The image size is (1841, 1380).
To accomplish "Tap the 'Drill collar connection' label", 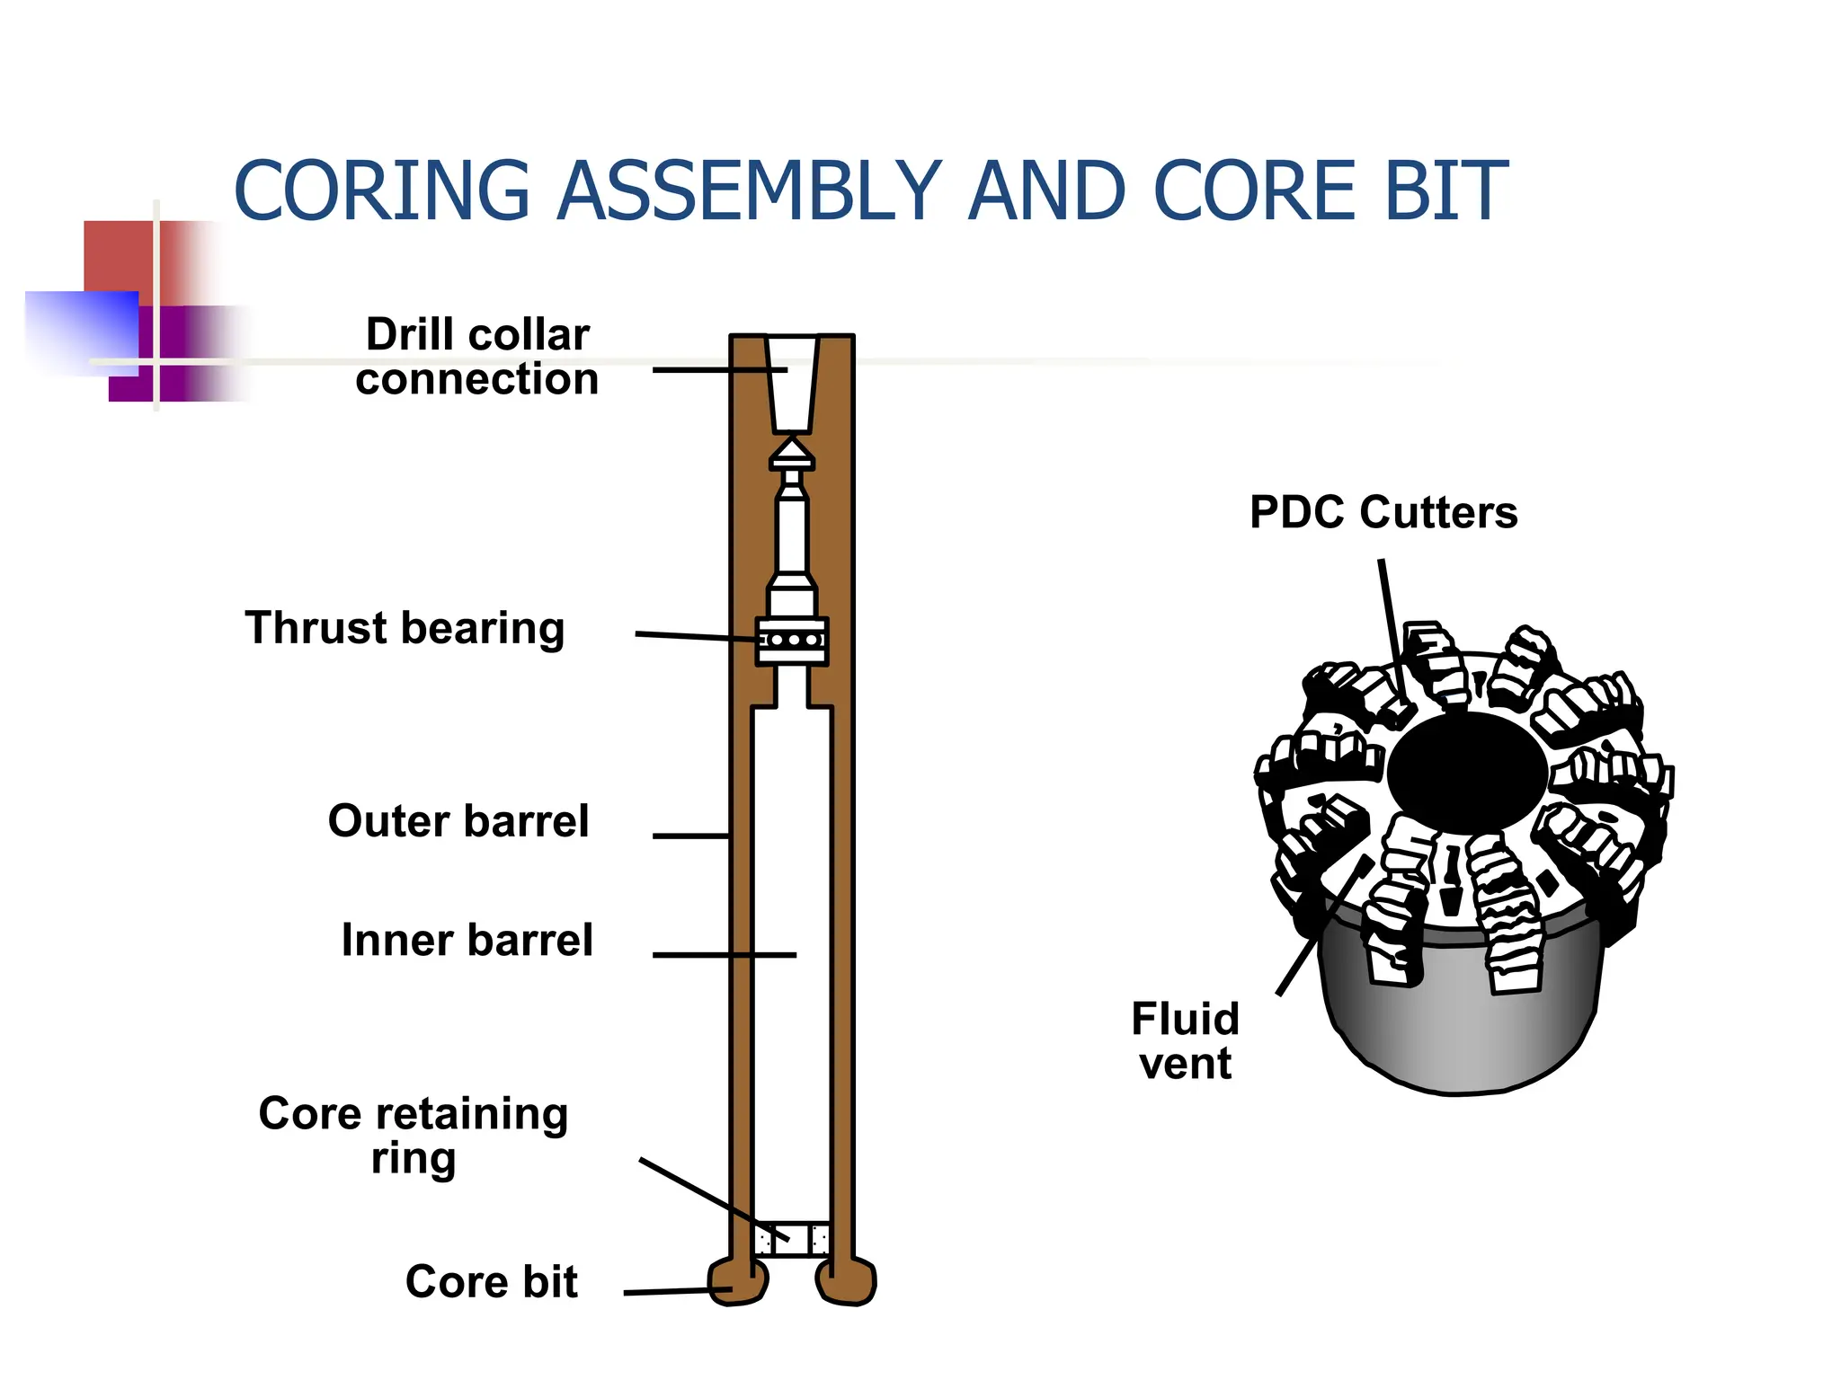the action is [476, 356].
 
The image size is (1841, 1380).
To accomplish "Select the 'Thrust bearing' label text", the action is [405, 628].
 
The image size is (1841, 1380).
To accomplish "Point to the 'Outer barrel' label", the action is [458, 820].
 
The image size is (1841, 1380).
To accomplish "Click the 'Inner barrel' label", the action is [467, 940].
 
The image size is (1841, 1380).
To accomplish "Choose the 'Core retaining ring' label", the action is [414, 1136].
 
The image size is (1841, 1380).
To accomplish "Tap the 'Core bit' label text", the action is [492, 1281].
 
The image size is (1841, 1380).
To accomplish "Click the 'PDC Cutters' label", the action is [1383, 512].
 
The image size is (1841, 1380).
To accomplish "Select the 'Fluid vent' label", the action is [1186, 1040].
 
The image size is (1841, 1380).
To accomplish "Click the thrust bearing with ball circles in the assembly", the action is [792, 641].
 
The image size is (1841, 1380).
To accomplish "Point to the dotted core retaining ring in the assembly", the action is [792, 1239].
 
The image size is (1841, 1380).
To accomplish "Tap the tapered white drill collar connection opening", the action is [792, 385].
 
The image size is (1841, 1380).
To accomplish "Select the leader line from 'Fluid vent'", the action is [1325, 925].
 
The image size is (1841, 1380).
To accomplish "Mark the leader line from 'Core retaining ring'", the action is [714, 1199].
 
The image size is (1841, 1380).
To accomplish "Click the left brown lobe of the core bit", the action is [739, 1281].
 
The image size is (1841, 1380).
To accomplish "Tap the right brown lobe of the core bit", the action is [845, 1281].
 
